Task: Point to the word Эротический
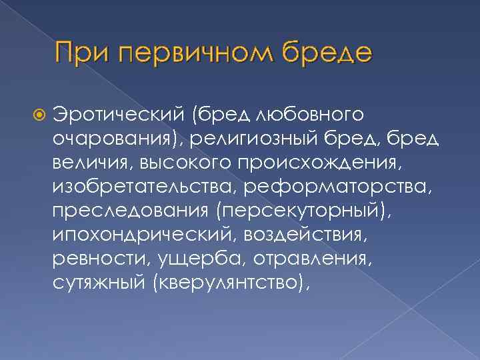point(122,114)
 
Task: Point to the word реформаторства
point(338,185)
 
